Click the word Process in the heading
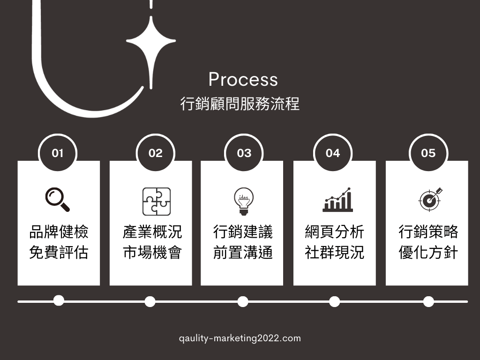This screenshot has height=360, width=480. (243, 80)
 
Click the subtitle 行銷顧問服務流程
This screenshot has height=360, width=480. (240, 104)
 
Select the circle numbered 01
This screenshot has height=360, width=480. (57, 153)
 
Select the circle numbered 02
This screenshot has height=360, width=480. (155, 153)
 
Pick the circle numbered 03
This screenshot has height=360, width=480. (244, 153)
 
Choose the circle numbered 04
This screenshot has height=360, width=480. (332, 153)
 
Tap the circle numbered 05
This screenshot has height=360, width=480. (428, 153)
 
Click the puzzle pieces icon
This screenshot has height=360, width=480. (157, 202)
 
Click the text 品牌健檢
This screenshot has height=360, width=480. (59, 232)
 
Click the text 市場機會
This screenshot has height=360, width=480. (152, 253)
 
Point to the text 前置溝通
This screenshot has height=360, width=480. (243, 253)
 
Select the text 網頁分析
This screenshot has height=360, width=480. (334, 232)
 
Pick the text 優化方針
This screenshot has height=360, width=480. (428, 253)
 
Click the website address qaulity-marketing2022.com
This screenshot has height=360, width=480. (240, 338)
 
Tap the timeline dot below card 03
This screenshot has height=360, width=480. (243, 301)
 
